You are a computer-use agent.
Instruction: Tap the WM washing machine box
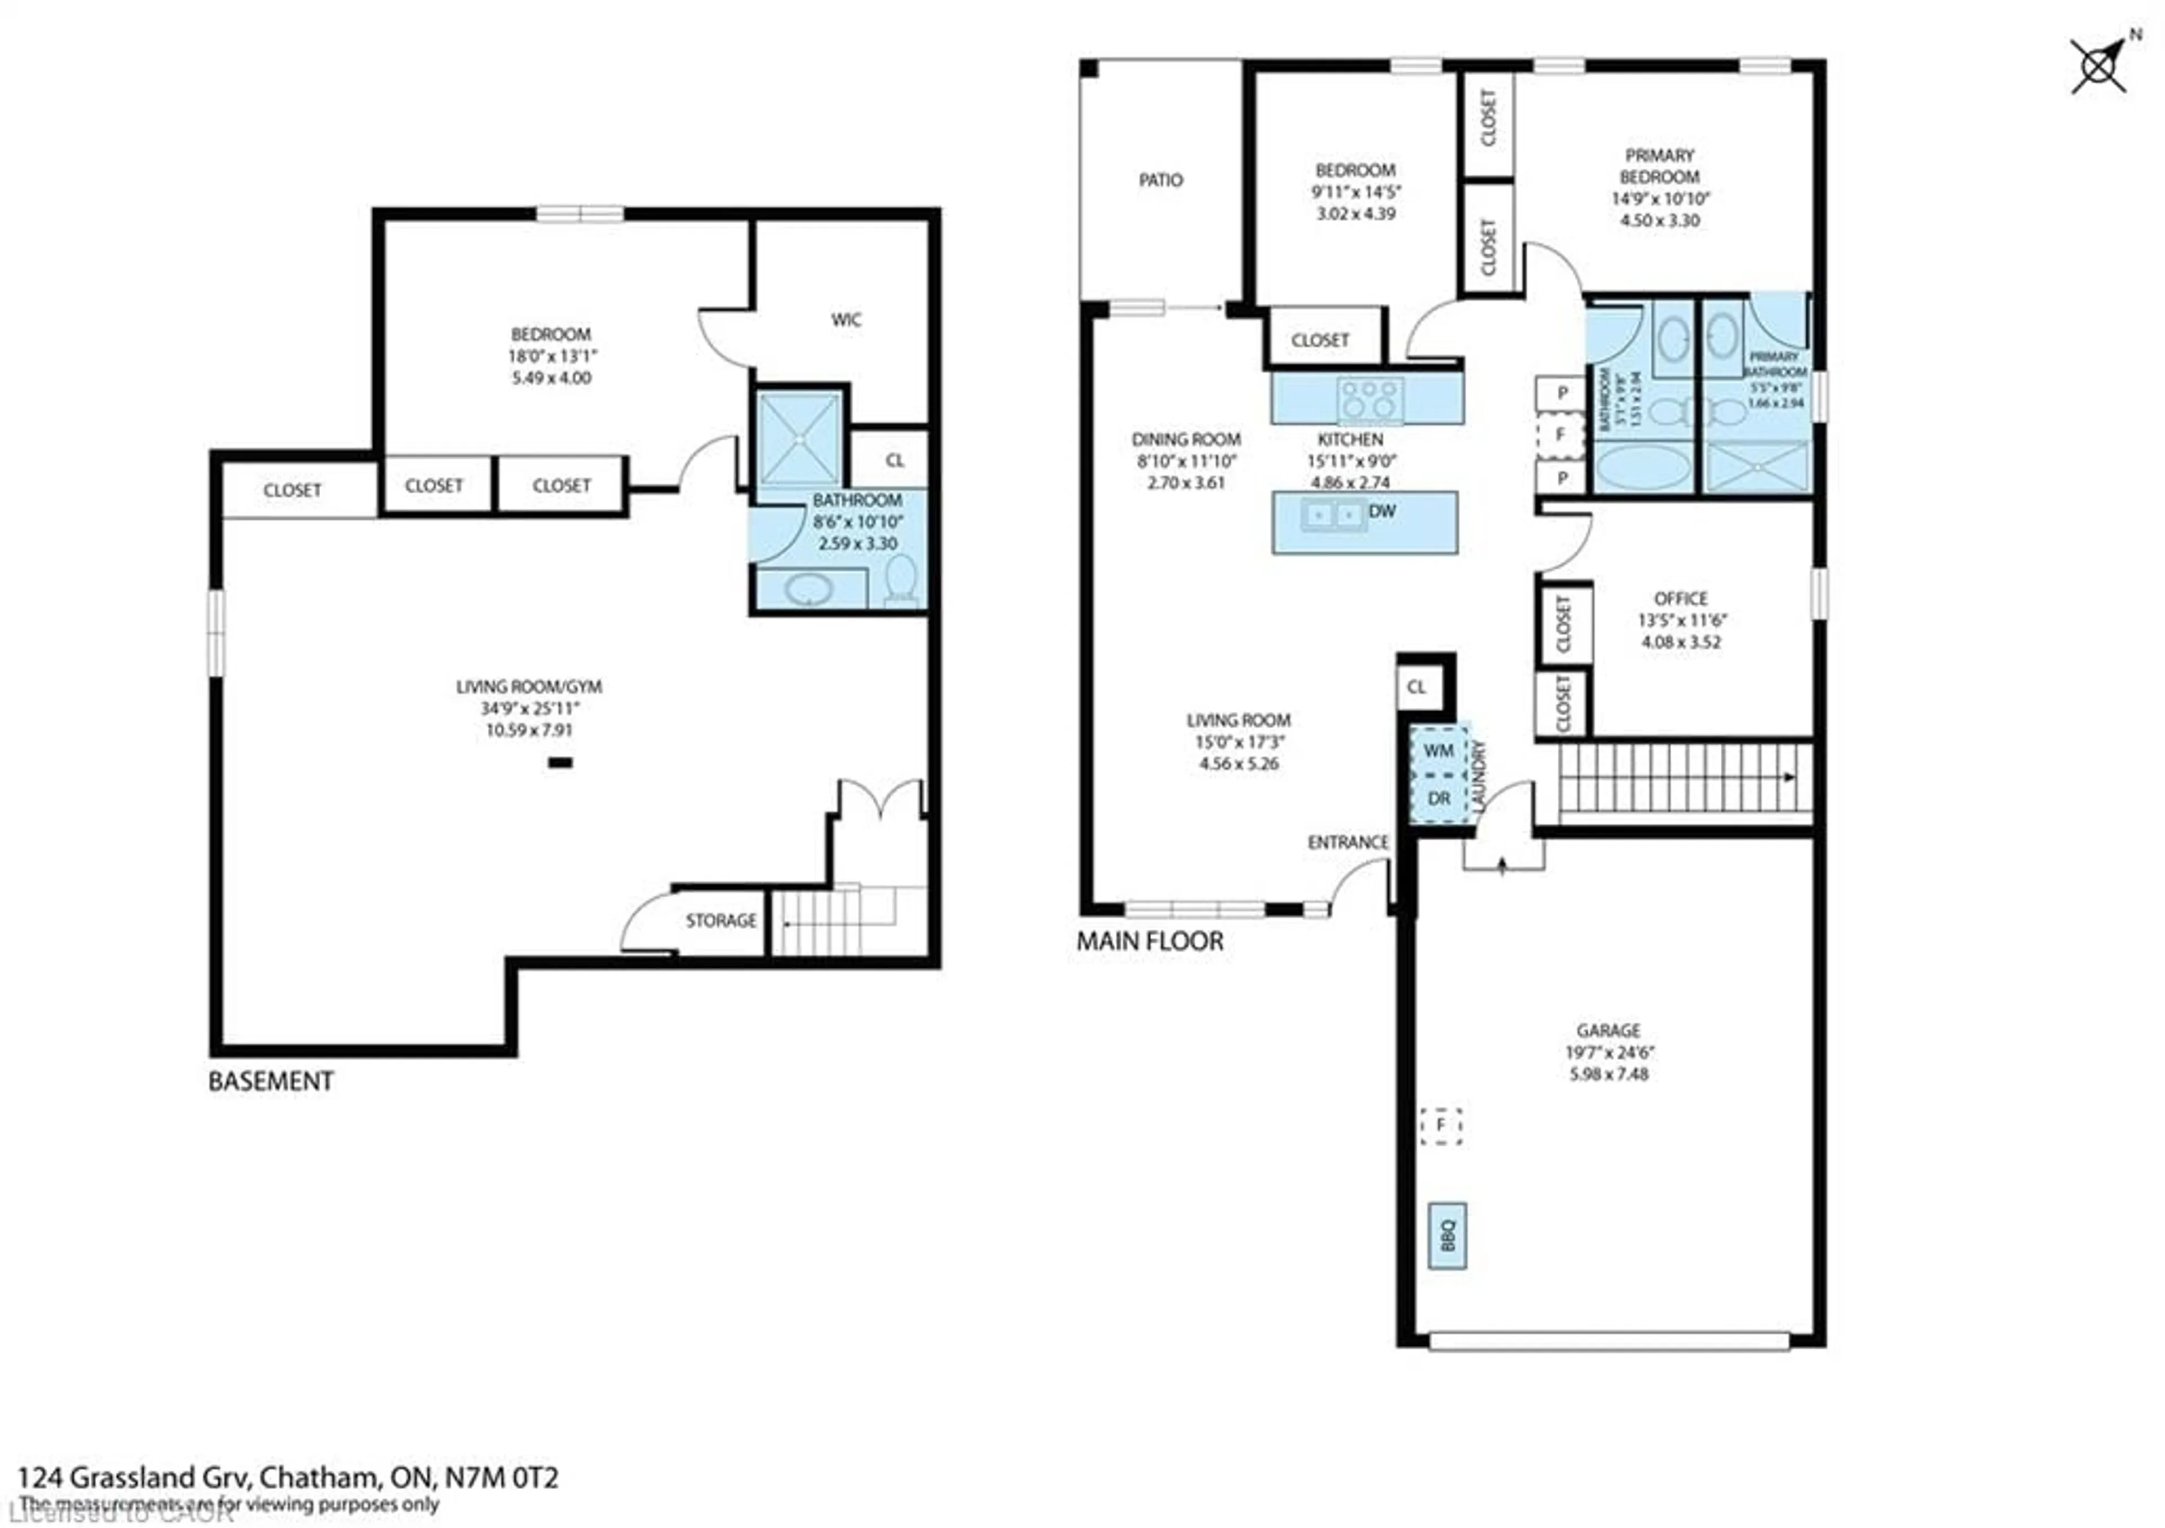click(x=1438, y=750)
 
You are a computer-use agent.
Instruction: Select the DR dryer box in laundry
click(x=1438, y=799)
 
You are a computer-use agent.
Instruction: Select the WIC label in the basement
click(x=846, y=320)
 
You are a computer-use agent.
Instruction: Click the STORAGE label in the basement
click(x=721, y=920)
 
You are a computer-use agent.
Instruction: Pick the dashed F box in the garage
click(x=1441, y=1126)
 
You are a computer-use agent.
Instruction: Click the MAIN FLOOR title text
click(x=1150, y=941)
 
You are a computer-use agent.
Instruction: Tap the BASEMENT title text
click(x=271, y=1081)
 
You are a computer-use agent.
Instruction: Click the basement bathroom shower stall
click(x=799, y=439)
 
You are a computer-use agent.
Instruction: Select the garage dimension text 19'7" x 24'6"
click(x=1609, y=1052)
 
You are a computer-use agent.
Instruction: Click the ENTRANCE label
click(x=1347, y=841)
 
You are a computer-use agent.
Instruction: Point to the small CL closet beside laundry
click(x=1416, y=687)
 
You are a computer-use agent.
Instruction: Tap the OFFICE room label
click(x=1680, y=599)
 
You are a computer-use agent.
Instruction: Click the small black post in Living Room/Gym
click(x=560, y=763)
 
